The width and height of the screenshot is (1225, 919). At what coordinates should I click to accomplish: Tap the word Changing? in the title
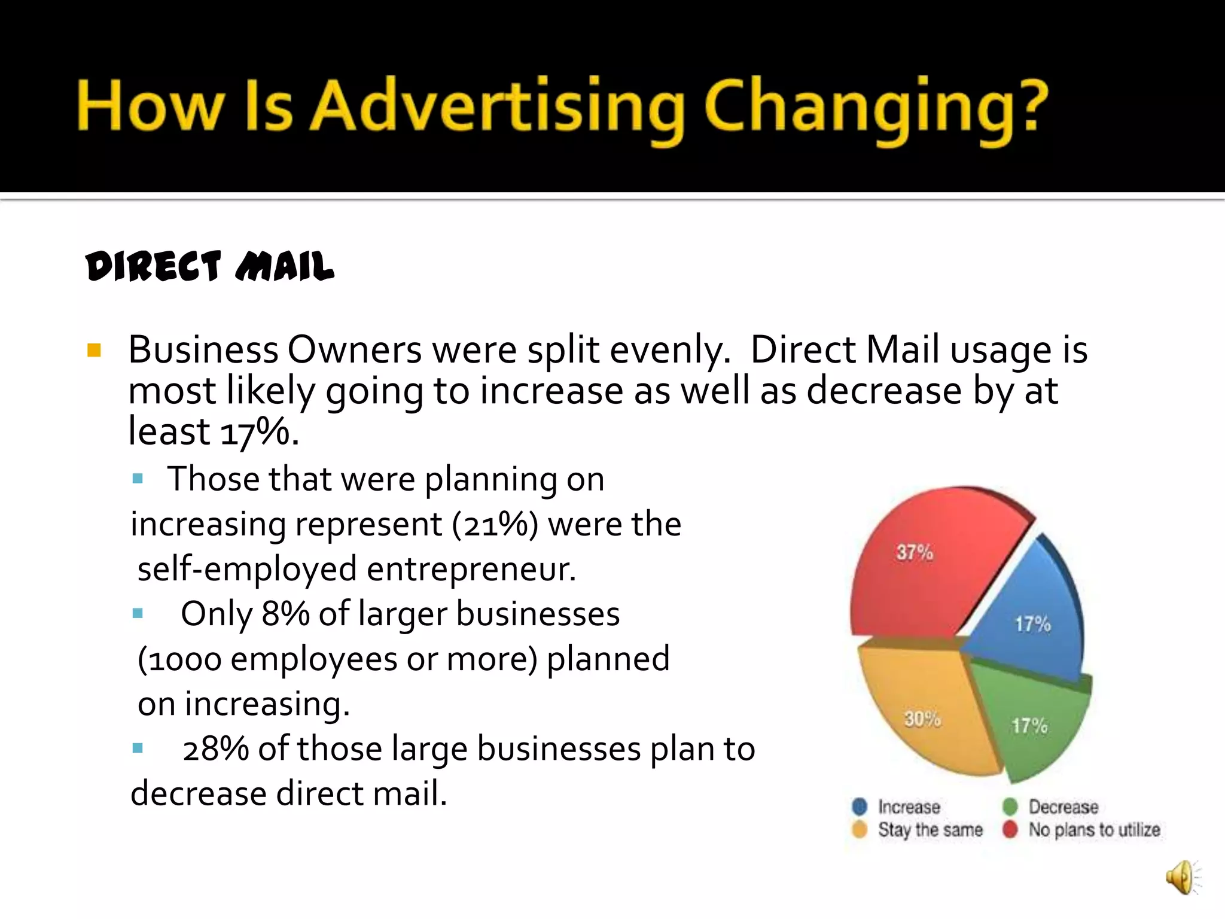tap(876, 108)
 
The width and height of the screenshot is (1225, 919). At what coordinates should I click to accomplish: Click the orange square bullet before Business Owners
tap(94, 350)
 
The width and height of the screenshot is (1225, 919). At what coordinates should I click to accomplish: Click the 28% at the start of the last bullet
tap(215, 749)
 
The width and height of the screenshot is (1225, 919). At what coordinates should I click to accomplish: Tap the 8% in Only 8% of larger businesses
tap(285, 614)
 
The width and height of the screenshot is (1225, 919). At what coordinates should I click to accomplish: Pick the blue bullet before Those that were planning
tap(138, 479)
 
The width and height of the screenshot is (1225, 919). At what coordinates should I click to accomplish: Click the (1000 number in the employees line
tap(179, 659)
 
